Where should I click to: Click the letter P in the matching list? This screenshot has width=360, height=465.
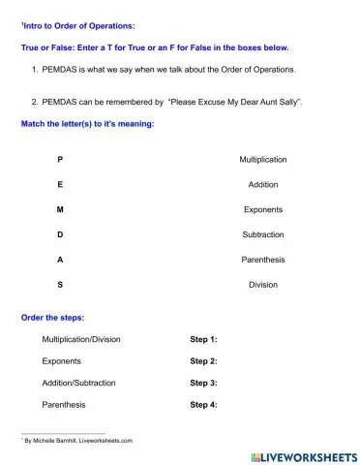pyautogui.click(x=61, y=159)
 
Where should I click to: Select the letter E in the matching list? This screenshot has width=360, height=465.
pyautogui.click(x=61, y=184)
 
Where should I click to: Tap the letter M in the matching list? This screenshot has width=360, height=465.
pyautogui.click(x=61, y=209)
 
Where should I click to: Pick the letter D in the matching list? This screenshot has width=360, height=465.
pyautogui.click(x=61, y=234)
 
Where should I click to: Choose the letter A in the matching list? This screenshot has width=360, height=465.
pyautogui.click(x=61, y=260)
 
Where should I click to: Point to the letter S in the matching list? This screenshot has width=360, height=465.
pyautogui.click(x=61, y=285)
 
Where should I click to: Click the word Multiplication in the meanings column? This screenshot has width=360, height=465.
pyautogui.click(x=262, y=159)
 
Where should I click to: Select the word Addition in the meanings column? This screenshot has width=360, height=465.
pyautogui.click(x=262, y=184)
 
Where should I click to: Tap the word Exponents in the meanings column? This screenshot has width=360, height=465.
pyautogui.click(x=262, y=209)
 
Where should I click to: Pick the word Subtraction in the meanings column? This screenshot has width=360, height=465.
pyautogui.click(x=262, y=234)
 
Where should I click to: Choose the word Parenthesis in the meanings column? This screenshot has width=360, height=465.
pyautogui.click(x=262, y=260)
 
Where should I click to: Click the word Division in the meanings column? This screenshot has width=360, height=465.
pyautogui.click(x=262, y=285)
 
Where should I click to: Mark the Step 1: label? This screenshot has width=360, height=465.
pyautogui.click(x=203, y=340)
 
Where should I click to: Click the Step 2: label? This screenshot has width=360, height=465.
pyautogui.click(x=203, y=361)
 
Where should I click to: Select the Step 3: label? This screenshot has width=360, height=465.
pyautogui.click(x=203, y=383)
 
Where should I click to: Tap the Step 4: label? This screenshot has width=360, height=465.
pyautogui.click(x=203, y=404)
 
